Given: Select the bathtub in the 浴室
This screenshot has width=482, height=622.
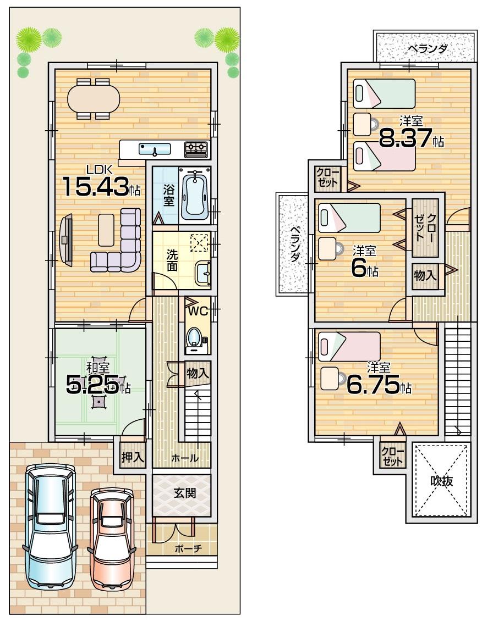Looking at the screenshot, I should pyautogui.click(x=195, y=195).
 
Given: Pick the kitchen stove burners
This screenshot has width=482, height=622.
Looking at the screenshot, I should pyautogui.click(x=196, y=147).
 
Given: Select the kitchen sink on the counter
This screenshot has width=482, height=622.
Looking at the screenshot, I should pyautogui.click(x=155, y=148).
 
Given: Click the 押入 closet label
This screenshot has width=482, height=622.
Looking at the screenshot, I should pyautogui.click(x=132, y=457).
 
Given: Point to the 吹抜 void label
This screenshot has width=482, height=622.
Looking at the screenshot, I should pyautogui.click(x=441, y=481).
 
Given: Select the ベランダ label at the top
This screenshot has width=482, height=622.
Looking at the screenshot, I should pyautogui.click(x=427, y=49).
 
